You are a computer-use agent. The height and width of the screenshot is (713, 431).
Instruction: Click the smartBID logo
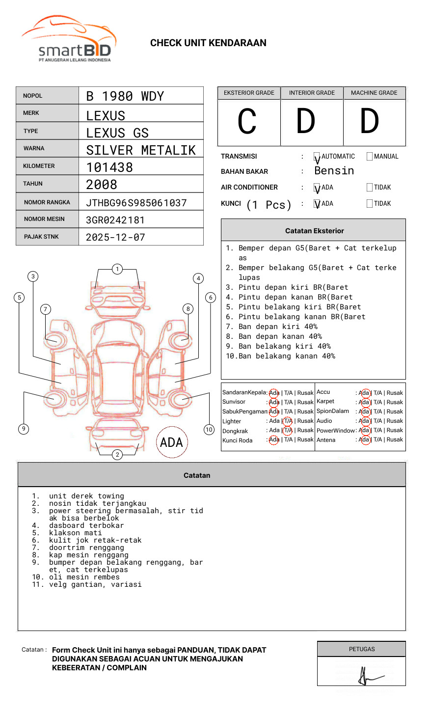pyautogui.click(x=69, y=39)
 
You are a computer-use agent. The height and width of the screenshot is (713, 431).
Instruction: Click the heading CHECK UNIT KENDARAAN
pyautogui.click(x=208, y=43)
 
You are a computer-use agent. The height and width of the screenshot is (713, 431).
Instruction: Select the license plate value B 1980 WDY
pyautogui.click(x=125, y=96)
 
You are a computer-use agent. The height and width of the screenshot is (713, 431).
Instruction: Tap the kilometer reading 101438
pyautogui.click(x=109, y=167)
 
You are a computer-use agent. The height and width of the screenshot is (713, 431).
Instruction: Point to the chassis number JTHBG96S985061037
pyautogui.click(x=136, y=203)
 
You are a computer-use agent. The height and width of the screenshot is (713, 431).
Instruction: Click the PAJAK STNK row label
pyautogui.click(x=41, y=237)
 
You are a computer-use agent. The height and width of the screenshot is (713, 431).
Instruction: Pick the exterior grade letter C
pyautogui.click(x=247, y=122)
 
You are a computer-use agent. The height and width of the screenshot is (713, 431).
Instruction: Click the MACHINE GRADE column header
pyautogui.click(x=374, y=93)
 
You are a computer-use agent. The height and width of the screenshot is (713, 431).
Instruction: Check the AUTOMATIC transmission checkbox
pyautogui.click(x=317, y=157)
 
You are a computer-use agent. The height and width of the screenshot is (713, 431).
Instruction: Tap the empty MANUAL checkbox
pyautogui.click(x=370, y=157)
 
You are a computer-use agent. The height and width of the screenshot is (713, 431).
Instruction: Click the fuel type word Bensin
pyautogui.click(x=334, y=171)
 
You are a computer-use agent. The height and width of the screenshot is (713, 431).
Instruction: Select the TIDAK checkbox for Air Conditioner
pyautogui.click(x=370, y=187)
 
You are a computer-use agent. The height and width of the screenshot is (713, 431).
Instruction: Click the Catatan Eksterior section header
pyautogui.click(x=314, y=231)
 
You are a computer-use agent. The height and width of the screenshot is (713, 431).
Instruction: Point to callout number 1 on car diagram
pyautogui.click(x=117, y=269)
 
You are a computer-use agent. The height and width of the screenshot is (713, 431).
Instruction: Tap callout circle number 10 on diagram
pyautogui.click(x=209, y=430)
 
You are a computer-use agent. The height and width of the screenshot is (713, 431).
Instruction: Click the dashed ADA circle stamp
pyautogui.click(x=171, y=442)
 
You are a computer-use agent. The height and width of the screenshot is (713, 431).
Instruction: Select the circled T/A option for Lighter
pyautogui.click(x=288, y=421)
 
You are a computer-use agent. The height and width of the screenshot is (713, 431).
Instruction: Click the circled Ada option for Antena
pyautogui.click(x=364, y=440)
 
